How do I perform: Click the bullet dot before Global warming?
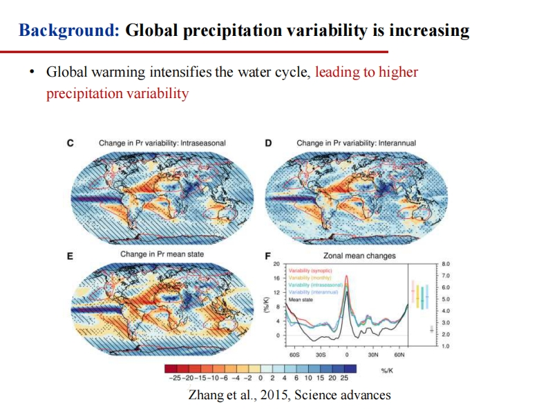coord(32,73)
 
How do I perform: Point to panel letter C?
coord(70,143)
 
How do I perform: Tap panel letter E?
coord(70,256)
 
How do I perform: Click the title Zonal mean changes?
coord(359,256)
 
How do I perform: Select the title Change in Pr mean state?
coord(162,254)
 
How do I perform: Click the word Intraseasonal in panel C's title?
coord(202,143)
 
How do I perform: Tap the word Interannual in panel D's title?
coord(395,143)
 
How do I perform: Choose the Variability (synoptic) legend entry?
coord(310,271)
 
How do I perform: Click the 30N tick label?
coord(372,354)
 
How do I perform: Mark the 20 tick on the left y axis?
coord(276,264)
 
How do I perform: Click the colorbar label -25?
coord(174,378)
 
